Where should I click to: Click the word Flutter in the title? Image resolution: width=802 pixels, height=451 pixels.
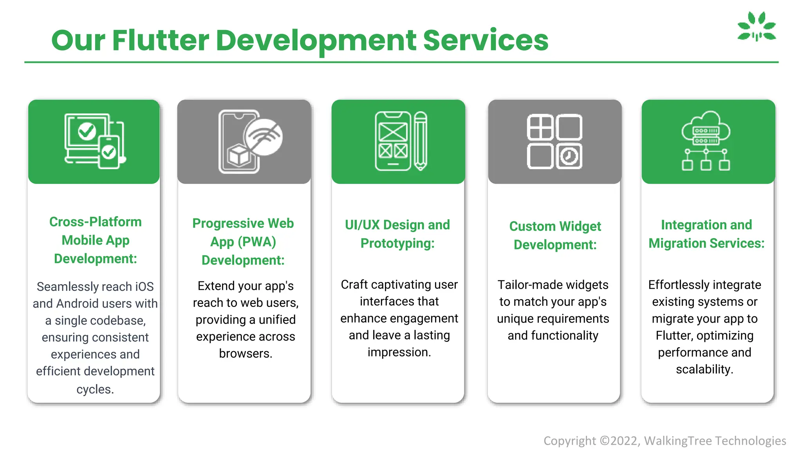pyautogui.click(x=161, y=40)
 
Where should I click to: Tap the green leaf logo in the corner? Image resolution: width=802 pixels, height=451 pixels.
pyautogui.click(x=757, y=26)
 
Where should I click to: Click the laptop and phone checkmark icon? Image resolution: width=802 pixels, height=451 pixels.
pyautogui.click(x=94, y=141)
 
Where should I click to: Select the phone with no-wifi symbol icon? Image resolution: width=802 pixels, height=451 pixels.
pyautogui.click(x=250, y=141)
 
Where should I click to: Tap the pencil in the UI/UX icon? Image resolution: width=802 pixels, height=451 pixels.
pyautogui.click(x=420, y=141)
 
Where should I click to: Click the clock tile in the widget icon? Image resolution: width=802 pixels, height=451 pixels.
pyautogui.click(x=569, y=156)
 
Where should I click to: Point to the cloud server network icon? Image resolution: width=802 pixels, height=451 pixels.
pyautogui.click(x=706, y=141)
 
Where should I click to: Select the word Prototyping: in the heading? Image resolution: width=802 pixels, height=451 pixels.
pyautogui.click(x=397, y=244)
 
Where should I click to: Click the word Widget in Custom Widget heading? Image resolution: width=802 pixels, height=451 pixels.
pyautogui.click(x=580, y=226)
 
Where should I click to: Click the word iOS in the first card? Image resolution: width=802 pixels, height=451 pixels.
pyautogui.click(x=144, y=287)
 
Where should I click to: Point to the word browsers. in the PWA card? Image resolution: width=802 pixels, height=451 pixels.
pyautogui.click(x=246, y=354)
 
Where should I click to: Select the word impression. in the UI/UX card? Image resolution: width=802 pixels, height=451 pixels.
pyautogui.click(x=399, y=352)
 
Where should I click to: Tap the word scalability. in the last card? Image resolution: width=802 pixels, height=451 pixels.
pyautogui.click(x=704, y=370)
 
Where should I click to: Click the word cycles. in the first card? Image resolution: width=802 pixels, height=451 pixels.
pyautogui.click(x=95, y=390)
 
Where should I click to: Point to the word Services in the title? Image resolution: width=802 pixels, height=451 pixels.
pyautogui.click(x=486, y=40)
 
